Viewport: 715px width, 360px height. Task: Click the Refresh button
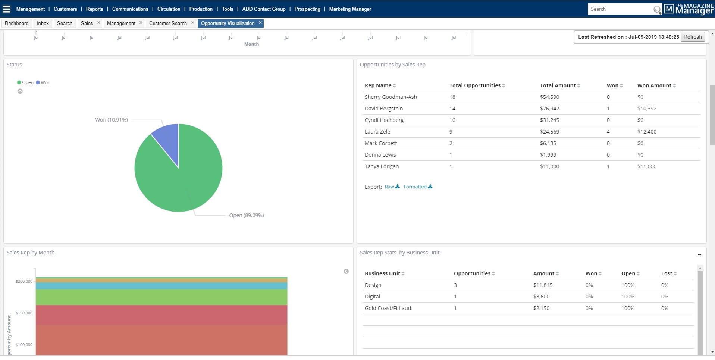coord(692,37)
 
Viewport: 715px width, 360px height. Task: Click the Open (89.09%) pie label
coord(246,215)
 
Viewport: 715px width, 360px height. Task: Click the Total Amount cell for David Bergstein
coord(549,109)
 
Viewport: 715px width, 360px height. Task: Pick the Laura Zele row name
coord(377,132)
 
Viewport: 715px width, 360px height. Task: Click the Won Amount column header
coord(654,85)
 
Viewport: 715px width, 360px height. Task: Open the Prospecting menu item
coord(307,9)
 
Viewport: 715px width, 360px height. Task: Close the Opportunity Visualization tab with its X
coord(260,23)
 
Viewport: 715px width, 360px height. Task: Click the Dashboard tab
coord(17,23)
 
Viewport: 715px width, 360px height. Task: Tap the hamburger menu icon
coord(7,9)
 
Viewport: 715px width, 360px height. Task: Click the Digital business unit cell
coord(372,297)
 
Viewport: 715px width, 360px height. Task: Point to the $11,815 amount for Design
coord(543,285)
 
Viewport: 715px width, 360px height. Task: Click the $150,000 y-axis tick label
coord(24,313)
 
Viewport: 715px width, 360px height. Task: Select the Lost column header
coord(667,273)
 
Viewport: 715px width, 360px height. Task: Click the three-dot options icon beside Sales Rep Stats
coord(699,254)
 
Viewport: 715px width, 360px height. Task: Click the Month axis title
coord(251,44)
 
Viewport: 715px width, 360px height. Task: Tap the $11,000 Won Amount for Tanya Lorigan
coord(647,166)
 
